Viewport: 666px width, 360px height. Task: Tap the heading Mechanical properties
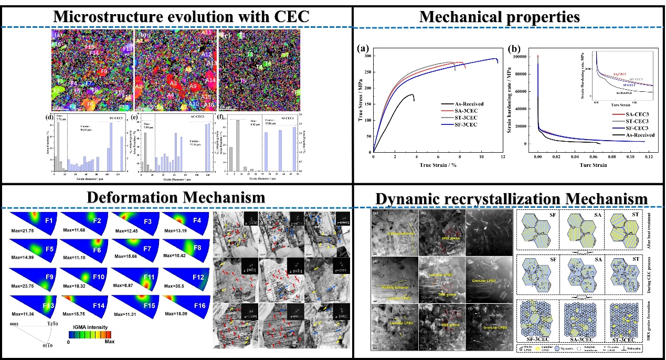tap(499, 17)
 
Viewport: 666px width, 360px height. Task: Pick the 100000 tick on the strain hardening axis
tap(520, 55)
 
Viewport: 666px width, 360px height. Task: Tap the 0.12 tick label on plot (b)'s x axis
tap(649, 157)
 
